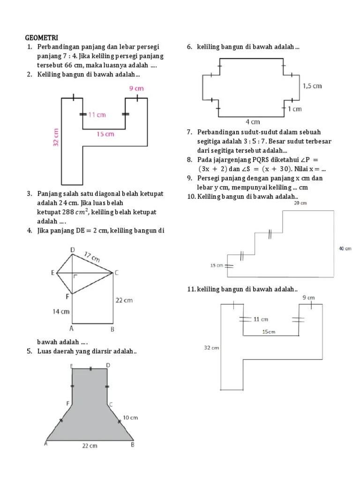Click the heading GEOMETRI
click(x=42, y=37)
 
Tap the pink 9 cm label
click(x=136, y=88)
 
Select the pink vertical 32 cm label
click(x=55, y=137)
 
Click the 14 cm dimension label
click(x=61, y=311)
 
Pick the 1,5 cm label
click(x=312, y=86)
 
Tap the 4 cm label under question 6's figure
click(x=253, y=122)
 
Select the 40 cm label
click(x=345, y=248)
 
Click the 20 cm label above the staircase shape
click(x=300, y=203)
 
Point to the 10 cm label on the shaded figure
click(x=130, y=417)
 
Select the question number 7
click(x=189, y=132)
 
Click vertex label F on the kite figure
click(x=67, y=296)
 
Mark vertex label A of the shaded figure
click(x=46, y=443)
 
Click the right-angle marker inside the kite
click(x=75, y=277)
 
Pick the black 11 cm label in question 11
click(x=261, y=319)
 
